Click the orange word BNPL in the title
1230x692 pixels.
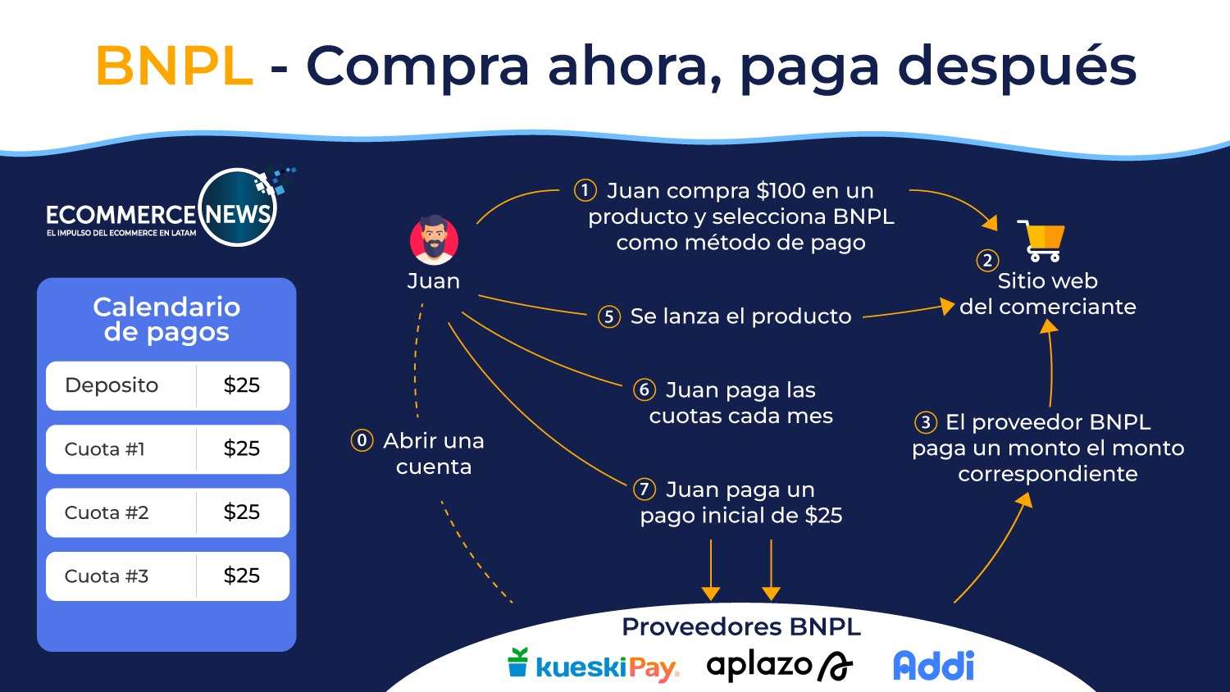174,66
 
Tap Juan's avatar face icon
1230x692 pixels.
434,240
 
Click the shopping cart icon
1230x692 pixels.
1041,240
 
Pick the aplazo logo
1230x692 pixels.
779,666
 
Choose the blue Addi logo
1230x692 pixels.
933,666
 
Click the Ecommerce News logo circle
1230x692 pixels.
238,209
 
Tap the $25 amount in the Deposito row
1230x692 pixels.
242,385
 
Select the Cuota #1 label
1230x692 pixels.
105,449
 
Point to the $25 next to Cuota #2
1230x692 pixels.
242,512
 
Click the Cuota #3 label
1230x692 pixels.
107,576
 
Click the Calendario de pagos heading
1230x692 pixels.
166,319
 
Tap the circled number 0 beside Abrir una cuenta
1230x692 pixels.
362,440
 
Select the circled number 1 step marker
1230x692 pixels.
585,191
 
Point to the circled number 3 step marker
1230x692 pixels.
926,422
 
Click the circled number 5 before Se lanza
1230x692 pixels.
608,316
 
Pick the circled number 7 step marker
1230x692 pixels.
645,489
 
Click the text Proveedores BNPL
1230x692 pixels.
741,626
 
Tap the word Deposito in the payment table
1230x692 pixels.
112,385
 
